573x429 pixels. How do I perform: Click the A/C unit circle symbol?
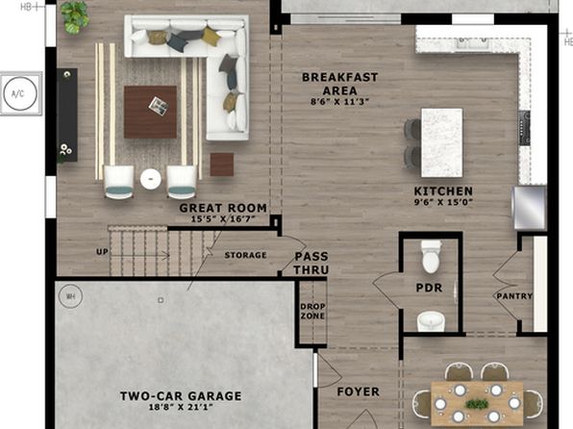pyautogui.click(x=20, y=93)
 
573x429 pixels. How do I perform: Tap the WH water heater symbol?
pyautogui.click(x=70, y=296)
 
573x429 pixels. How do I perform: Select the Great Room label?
pyautogui.click(x=223, y=208)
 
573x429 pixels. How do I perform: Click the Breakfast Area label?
pyautogui.click(x=339, y=84)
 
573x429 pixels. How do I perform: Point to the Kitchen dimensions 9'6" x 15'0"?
pyautogui.click(x=443, y=202)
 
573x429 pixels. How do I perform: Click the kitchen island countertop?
pyautogui.click(x=442, y=142)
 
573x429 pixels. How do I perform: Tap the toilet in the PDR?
pyautogui.click(x=431, y=257)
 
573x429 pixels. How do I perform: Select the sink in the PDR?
pyautogui.click(x=431, y=321)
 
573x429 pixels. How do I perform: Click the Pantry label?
pyautogui.click(x=514, y=296)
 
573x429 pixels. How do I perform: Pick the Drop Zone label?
pyautogui.click(x=312, y=312)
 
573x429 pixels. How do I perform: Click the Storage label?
pyautogui.click(x=245, y=255)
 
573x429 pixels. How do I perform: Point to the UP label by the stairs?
pyautogui.click(x=102, y=252)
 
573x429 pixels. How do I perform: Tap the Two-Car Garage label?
pyautogui.click(x=181, y=395)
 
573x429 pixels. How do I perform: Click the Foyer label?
pyautogui.click(x=358, y=391)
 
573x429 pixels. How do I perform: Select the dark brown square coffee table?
pyautogui.click(x=150, y=112)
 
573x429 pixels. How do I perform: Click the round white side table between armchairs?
pyautogui.click(x=151, y=179)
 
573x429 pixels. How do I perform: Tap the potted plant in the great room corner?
pyautogui.click(x=75, y=17)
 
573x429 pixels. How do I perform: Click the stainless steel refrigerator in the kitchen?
pyautogui.click(x=530, y=208)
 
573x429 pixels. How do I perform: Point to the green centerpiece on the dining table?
pyautogui.click(x=477, y=404)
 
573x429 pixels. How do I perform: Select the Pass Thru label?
pyautogui.click(x=311, y=263)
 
